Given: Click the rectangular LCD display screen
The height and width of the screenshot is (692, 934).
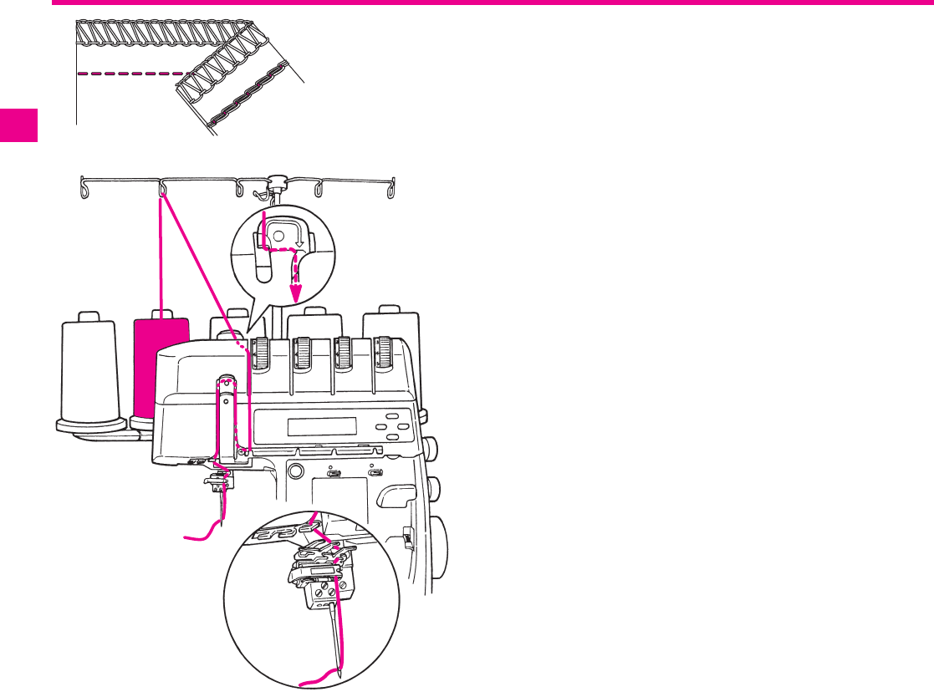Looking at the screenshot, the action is [322, 426].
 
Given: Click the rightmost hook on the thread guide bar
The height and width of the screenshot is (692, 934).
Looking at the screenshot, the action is [390, 190].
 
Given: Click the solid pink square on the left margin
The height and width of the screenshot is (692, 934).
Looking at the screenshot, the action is [18, 125].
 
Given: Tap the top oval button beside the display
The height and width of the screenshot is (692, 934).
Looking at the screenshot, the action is [392, 416].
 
